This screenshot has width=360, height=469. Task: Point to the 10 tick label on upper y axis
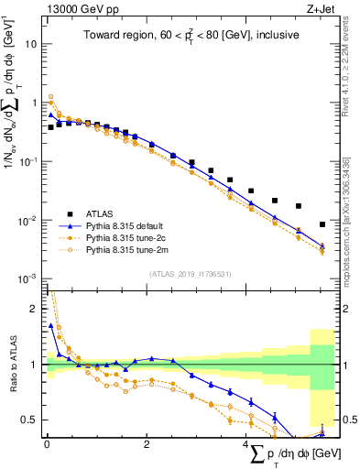[30, 44]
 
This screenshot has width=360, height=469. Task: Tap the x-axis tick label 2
[147, 443]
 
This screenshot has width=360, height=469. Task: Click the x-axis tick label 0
[46, 443]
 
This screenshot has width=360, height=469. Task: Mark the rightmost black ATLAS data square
[322, 224]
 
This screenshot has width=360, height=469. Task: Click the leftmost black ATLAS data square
[51, 127]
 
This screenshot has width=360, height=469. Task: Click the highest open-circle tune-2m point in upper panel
[51, 96]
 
